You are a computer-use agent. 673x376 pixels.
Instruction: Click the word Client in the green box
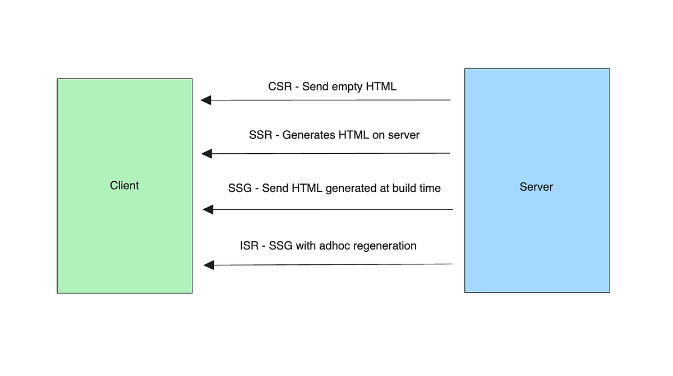click(125, 186)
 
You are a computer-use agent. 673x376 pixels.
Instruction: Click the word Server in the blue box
click(536, 187)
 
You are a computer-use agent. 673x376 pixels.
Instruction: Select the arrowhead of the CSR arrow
click(206, 100)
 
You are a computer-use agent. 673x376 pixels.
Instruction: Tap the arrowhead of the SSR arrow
click(207, 153)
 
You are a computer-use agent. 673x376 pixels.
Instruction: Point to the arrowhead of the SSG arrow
click(208, 209)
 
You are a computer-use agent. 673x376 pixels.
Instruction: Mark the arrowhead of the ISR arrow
click(209, 264)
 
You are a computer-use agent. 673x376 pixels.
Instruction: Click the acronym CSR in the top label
click(280, 87)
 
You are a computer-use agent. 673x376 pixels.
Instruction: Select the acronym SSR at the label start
click(260, 135)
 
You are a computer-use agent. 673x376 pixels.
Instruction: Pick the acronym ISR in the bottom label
click(249, 246)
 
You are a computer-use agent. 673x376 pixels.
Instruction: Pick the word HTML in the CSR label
click(381, 87)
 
